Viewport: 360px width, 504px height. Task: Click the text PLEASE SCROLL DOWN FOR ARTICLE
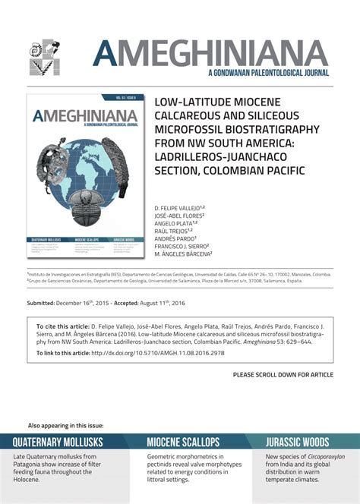coord(283,375)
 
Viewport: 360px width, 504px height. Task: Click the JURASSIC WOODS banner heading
coord(297,443)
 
